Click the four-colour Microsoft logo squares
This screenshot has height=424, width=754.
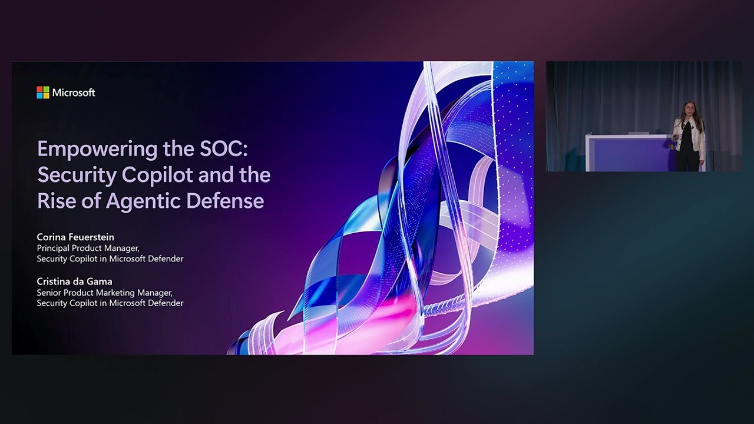[x=42, y=92]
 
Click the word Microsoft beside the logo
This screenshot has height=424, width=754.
[x=74, y=92]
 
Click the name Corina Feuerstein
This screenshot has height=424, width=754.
[x=75, y=237]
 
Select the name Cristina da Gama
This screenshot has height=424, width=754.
[x=74, y=281]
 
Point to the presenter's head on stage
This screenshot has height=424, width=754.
[x=687, y=109]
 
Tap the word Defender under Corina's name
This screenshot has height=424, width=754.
[x=165, y=259]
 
